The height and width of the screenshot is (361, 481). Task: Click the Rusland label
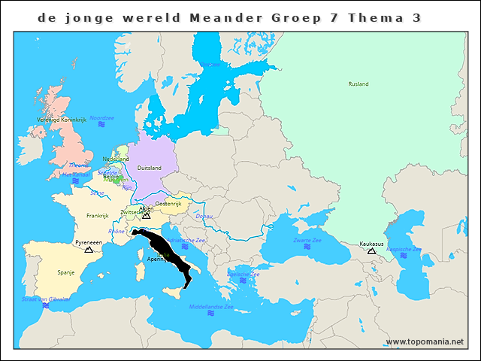coord(358,84)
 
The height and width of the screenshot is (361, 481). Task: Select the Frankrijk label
coord(98,215)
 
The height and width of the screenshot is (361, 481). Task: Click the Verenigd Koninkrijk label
coord(61,120)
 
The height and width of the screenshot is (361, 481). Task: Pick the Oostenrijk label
coord(168,204)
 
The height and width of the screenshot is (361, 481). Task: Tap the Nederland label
coord(116,159)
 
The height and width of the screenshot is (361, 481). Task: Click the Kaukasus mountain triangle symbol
coord(371,250)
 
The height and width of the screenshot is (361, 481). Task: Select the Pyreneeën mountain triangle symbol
coord(89,249)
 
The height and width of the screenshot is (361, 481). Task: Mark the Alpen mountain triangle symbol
coord(146,215)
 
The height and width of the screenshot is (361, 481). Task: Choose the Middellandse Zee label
coord(211,306)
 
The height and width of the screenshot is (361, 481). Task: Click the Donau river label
coord(203,217)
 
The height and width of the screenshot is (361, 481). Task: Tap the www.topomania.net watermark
coord(425,341)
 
